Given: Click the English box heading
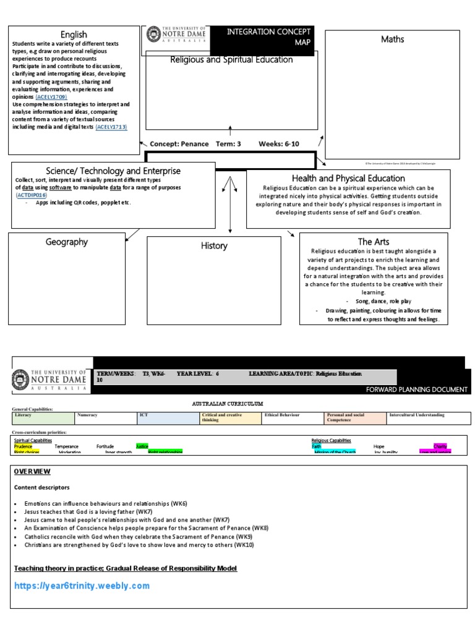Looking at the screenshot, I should click(74, 35).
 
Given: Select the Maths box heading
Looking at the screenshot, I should click(393, 40).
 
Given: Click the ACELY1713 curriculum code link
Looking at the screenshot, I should click(111, 127).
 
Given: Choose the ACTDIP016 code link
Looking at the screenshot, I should click(31, 195).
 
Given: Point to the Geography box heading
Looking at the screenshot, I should click(67, 242).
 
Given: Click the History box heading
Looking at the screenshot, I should click(214, 246).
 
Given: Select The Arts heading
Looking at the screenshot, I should click(374, 242).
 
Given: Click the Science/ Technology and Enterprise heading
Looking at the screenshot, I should click(114, 171).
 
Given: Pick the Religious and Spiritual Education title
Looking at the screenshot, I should click(231, 60).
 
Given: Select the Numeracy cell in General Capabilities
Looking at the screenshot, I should click(88, 415).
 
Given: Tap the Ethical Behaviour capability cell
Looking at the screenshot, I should click(281, 415).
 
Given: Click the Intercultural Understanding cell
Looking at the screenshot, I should click(416, 415).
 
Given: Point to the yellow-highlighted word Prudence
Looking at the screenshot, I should click(24, 446).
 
